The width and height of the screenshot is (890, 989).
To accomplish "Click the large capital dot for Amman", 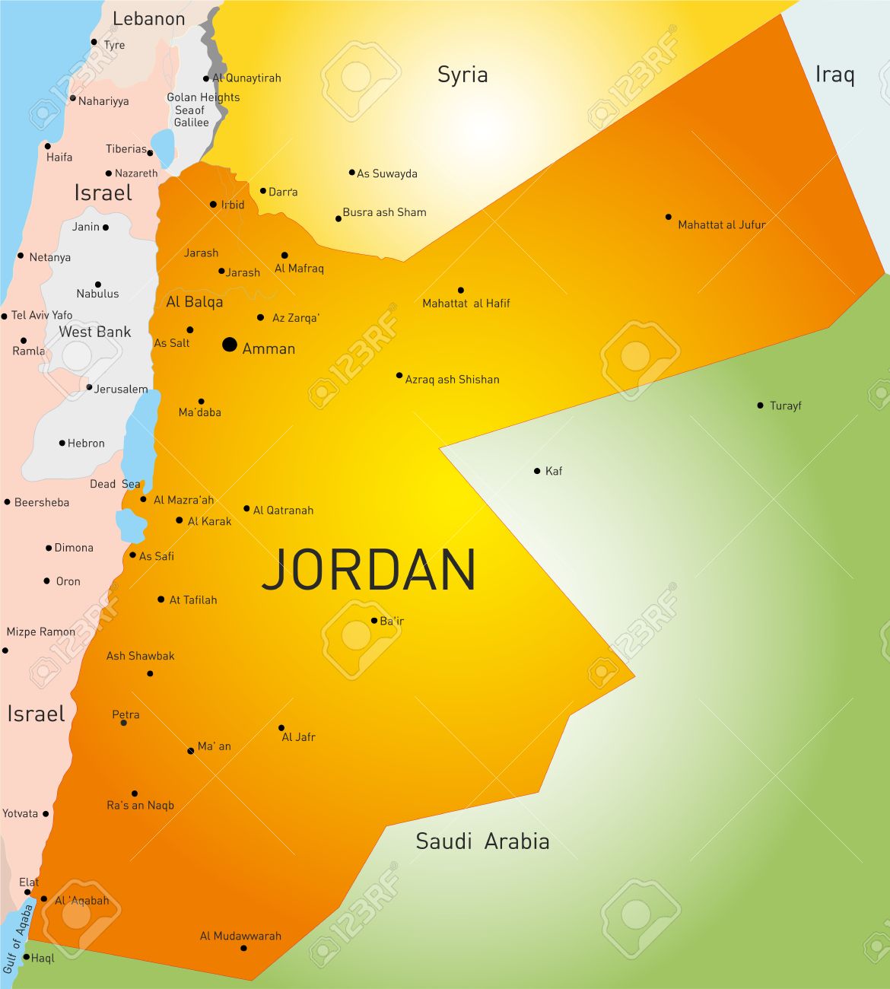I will click(x=229, y=345).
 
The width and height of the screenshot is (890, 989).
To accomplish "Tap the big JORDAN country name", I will click(x=369, y=570).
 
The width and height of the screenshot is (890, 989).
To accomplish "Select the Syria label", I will click(x=462, y=75).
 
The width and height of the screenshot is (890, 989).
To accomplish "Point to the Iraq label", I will click(x=834, y=75).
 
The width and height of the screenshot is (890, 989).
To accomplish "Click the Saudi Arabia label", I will click(x=482, y=841).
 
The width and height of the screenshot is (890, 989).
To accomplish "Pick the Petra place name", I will click(x=126, y=714).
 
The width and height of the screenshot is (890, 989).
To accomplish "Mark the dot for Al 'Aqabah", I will click(x=44, y=899).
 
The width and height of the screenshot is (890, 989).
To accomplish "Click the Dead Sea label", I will click(x=115, y=484).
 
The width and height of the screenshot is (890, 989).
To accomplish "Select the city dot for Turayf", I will click(x=760, y=405).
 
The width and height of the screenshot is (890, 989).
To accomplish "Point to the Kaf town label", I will click(x=554, y=471).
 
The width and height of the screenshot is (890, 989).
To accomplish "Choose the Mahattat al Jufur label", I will click(x=721, y=224).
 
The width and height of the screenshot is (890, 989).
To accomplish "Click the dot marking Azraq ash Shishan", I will click(x=399, y=375).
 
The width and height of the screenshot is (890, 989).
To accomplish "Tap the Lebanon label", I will click(x=148, y=19).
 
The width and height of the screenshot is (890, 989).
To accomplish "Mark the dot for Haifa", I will click(x=47, y=146).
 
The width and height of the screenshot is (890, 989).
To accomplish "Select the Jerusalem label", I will click(x=121, y=389).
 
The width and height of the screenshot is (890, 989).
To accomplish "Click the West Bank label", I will click(x=95, y=332).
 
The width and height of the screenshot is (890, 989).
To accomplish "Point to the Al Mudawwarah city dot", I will click(x=243, y=948).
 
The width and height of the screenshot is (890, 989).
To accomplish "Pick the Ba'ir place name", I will click(x=392, y=621).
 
